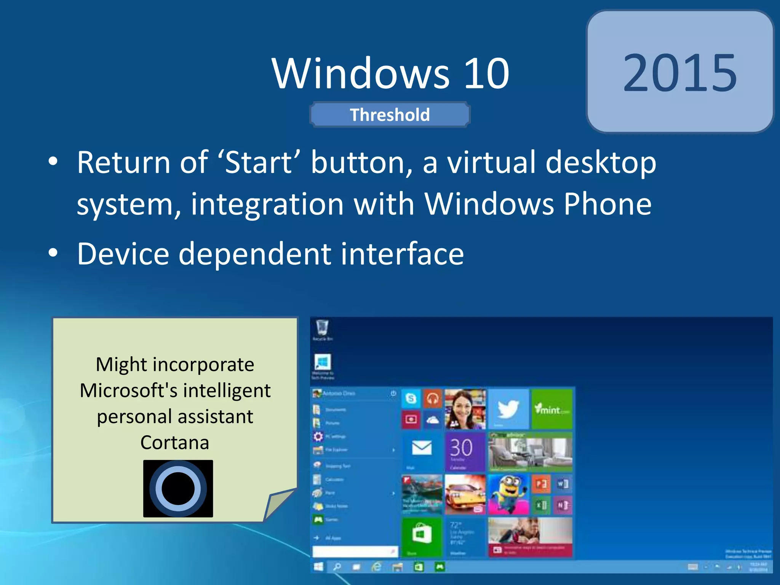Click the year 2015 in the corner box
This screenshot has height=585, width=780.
680,72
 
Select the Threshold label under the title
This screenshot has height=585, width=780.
390,115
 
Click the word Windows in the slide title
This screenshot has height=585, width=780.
360,73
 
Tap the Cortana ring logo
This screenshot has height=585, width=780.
178,489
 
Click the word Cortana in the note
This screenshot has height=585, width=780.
175,443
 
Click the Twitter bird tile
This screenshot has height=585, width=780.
508,409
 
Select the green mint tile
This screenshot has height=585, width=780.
552,409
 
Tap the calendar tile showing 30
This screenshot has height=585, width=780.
465,451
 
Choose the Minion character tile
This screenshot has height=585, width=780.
508,494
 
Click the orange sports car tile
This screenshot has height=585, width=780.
465,494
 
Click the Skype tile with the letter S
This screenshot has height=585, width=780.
411,398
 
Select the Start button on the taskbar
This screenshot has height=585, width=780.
318,567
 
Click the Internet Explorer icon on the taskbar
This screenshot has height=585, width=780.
376,567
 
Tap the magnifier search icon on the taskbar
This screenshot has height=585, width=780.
337,567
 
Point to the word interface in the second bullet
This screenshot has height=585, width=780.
402,254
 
